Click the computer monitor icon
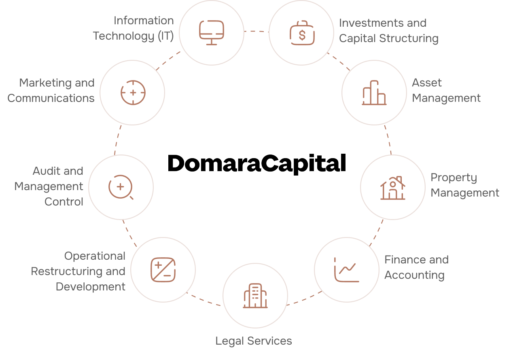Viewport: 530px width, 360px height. point(212,33)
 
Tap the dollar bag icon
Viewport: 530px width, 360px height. point(302,33)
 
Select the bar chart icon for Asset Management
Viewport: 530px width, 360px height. point(374,93)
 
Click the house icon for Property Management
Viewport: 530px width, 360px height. point(392,188)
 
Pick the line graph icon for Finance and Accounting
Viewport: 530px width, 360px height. point(346,270)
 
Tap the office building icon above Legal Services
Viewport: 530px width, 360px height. point(255,296)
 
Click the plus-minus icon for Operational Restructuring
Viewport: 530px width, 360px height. point(163,270)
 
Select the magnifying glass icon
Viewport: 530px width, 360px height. point(121,187)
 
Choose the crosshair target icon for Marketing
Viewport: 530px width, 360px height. point(133,93)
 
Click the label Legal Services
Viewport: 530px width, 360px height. point(254,341)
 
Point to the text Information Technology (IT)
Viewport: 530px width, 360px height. point(134,28)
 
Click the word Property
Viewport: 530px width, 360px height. point(454,178)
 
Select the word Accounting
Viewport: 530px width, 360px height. point(414,275)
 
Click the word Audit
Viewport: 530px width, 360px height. point(46,171)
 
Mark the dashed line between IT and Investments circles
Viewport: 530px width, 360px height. point(257,31)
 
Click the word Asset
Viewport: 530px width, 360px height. point(427,83)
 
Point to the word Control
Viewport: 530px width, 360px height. point(64,202)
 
